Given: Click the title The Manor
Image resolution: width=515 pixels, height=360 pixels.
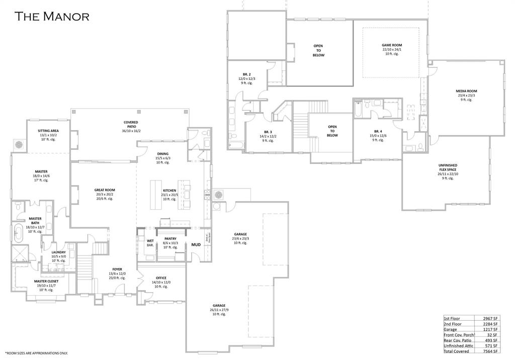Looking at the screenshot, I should point(52,16).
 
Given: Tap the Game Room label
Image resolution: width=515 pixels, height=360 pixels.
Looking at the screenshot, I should point(392,45).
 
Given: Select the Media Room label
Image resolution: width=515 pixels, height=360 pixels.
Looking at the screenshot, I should point(466,91).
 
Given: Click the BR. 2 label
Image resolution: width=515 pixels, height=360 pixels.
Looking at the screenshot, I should point(246,74).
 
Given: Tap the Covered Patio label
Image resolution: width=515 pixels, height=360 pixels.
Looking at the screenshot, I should point(131,122).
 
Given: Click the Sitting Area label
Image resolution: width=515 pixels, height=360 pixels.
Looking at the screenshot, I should point(48,131).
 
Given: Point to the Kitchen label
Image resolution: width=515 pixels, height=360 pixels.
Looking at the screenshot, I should point(169,191).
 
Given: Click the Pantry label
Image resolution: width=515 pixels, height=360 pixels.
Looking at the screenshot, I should point(170,239).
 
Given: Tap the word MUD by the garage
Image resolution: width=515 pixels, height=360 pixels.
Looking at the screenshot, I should point(196,245).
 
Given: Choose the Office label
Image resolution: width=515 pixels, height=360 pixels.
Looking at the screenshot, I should point(161,278).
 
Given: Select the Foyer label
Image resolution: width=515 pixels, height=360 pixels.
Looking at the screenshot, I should point(117,269).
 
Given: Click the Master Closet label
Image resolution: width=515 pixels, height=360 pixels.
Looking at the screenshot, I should point(46,281).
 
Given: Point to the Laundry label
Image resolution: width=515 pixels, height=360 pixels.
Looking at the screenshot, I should point(58,252).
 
